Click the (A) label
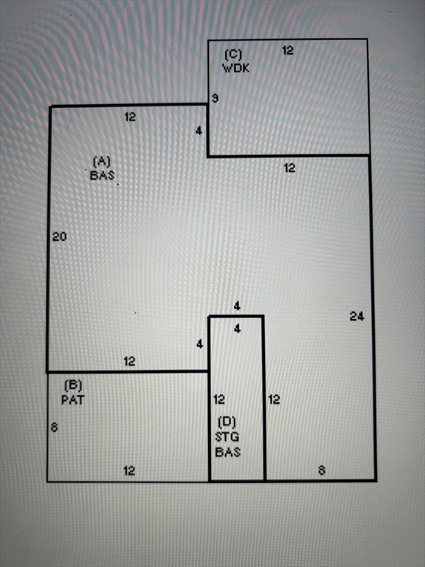pos(102,161)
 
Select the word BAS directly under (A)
pos(103,176)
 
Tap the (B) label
pos(73,385)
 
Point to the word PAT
pos(73,399)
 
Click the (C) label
pos(233,55)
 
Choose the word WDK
pos(235,68)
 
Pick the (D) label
pos(227,422)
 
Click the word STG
pos(227,437)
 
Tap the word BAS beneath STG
pos(228,452)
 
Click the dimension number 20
pos(60,236)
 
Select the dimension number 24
pos(356,317)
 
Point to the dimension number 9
pos(215,98)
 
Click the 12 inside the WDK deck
pos(288,51)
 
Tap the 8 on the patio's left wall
pos(54,427)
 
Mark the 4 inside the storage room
pos(237,329)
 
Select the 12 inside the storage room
pos(219,399)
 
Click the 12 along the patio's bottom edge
pos(129,471)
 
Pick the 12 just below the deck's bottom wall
pos(289,168)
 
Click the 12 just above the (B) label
pos(129,361)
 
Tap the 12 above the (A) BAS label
pos(130,117)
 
